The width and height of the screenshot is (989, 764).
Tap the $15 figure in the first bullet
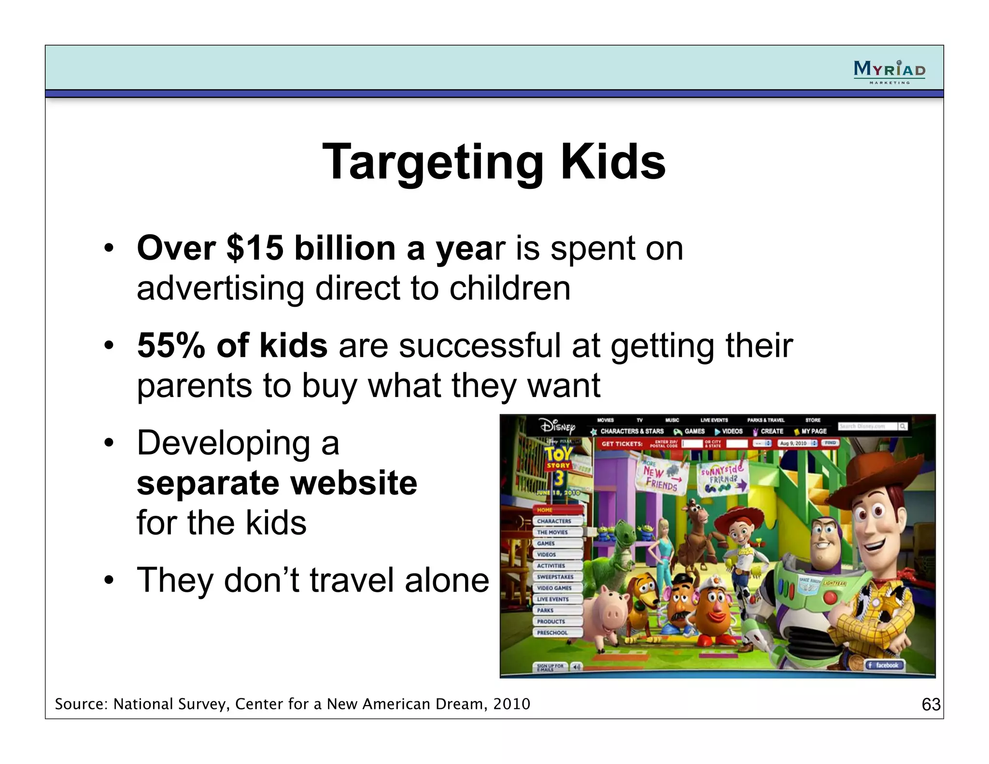(255, 248)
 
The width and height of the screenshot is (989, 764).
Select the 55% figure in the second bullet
(171, 346)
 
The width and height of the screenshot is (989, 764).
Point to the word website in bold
(355, 483)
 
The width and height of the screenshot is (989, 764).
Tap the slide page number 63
(931, 705)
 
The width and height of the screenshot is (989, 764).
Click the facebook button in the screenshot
(884, 665)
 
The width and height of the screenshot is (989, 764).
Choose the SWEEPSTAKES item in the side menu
(556, 577)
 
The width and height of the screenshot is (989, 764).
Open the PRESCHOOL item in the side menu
(553, 633)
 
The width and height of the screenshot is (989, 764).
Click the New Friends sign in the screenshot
(661, 478)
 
